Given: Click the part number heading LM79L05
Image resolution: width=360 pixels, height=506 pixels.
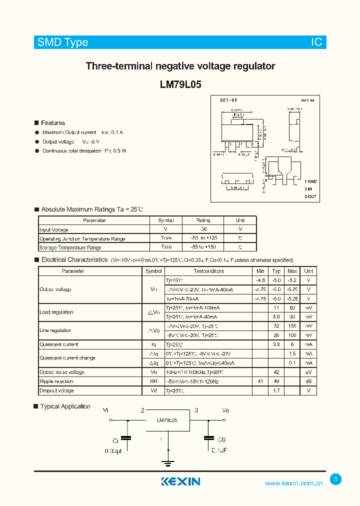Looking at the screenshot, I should [x=180, y=84].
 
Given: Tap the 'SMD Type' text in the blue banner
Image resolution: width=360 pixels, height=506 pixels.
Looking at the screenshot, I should [x=63, y=42].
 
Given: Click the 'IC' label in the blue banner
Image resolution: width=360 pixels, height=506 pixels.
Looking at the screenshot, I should [x=316, y=42].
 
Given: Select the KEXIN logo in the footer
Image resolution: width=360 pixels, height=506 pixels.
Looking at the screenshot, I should [x=180, y=481].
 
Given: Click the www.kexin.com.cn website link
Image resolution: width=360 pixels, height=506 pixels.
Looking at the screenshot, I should [x=293, y=483].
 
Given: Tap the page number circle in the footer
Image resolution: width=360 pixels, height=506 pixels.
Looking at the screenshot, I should [x=336, y=479].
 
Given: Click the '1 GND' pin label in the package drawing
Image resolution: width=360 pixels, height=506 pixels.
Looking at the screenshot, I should [x=310, y=181].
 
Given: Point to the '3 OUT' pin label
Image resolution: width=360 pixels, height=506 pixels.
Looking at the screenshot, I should [x=310, y=197].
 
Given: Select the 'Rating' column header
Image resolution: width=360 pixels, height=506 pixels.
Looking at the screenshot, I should [x=203, y=220].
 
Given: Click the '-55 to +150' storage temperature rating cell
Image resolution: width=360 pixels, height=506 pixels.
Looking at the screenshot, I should [x=203, y=247].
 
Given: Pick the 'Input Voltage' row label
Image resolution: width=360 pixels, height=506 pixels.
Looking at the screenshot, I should [x=54, y=230].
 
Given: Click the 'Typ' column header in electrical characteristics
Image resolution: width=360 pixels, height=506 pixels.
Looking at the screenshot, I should [x=276, y=271].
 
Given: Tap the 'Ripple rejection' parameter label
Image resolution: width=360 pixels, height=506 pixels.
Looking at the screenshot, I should [x=56, y=381].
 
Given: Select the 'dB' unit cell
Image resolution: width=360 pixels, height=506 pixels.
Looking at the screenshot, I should [x=308, y=381].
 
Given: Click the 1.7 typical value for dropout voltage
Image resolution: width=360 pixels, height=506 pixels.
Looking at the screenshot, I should [x=276, y=390].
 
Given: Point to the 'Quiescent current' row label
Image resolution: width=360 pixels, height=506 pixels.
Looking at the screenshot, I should [x=59, y=344].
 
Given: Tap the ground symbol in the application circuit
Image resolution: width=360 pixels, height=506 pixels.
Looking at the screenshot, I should [x=168, y=463].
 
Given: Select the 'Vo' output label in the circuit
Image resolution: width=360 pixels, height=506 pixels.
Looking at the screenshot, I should [x=225, y=410].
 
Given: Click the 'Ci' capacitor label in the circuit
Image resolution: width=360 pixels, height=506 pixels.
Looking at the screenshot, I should [x=115, y=441].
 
